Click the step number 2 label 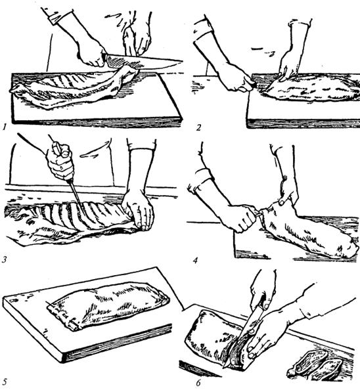[198, 127]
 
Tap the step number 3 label [5, 260]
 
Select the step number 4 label [196, 261]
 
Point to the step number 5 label [5, 382]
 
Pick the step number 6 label [198, 383]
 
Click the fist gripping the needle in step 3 [60, 162]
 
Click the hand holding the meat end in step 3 [138, 210]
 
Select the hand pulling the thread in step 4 [240, 217]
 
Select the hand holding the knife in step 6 [263, 288]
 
